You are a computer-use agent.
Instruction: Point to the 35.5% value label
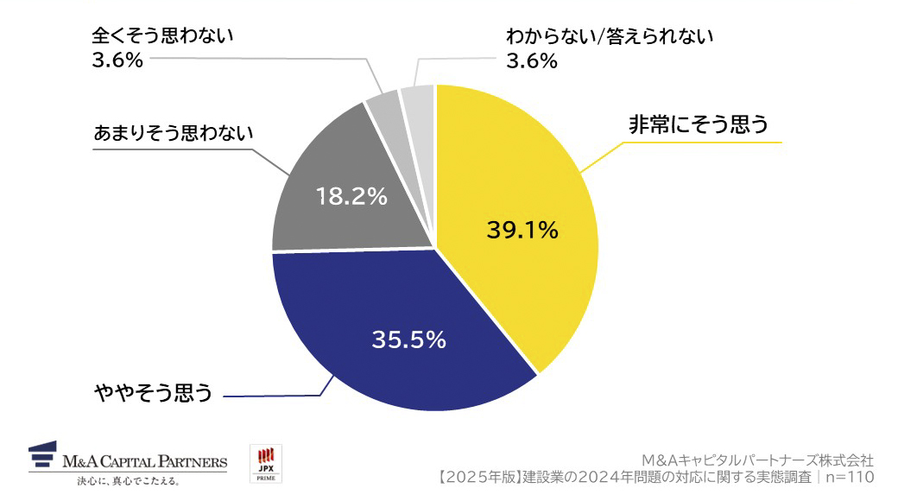[408, 339]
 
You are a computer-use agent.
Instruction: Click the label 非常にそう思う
[698, 125]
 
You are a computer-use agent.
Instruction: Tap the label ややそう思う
[153, 394]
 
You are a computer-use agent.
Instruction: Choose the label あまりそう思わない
[173, 134]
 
